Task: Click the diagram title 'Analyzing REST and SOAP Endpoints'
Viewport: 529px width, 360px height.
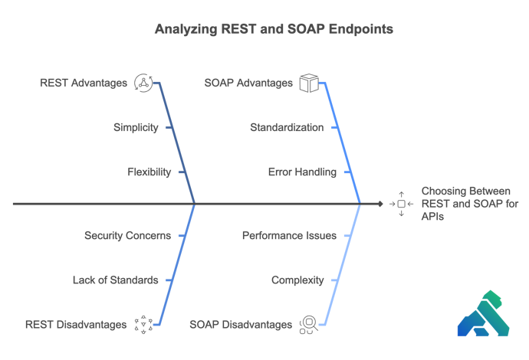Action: point(264,30)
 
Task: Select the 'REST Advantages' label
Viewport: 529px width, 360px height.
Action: point(84,83)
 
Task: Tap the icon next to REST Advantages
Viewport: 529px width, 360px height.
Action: point(143,83)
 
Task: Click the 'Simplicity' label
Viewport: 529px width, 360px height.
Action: point(136,127)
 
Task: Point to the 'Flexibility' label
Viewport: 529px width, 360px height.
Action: point(149,172)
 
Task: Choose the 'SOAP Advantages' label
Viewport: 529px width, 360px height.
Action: point(248,83)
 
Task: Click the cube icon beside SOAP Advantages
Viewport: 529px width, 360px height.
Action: point(308,83)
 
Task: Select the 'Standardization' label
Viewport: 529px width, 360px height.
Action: point(287,127)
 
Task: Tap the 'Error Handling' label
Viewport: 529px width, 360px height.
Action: point(301,172)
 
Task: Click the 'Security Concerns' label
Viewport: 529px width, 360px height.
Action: point(127,235)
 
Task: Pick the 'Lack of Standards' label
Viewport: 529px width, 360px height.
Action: point(115,280)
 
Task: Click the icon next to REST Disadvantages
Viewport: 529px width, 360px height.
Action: point(143,325)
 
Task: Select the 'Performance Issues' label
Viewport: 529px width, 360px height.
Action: point(289,235)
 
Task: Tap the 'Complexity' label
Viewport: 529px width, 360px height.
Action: point(297,280)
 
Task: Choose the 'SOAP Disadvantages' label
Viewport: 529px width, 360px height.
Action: point(241,325)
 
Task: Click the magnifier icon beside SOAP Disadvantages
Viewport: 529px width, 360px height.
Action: point(308,325)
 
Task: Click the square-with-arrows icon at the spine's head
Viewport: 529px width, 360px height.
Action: point(400,204)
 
